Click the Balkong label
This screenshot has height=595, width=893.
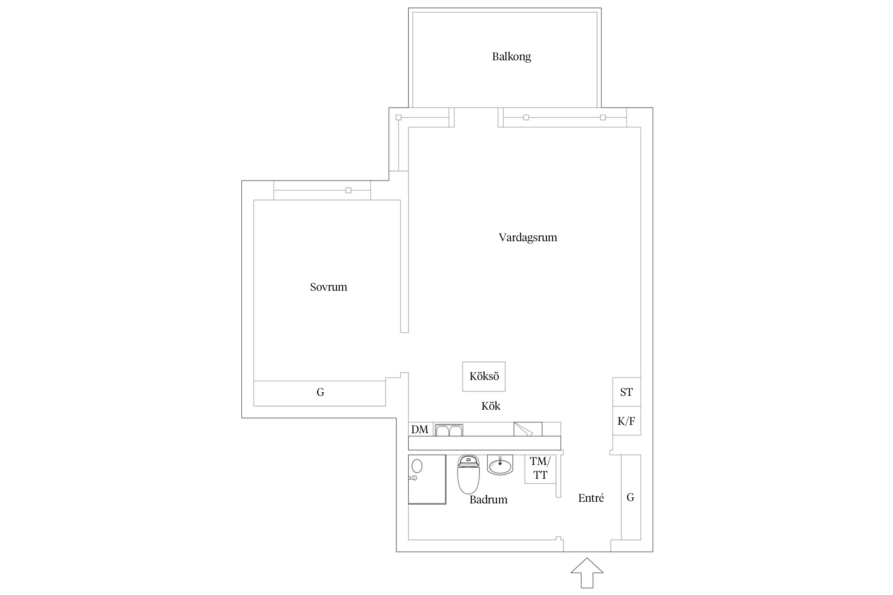pos(511,57)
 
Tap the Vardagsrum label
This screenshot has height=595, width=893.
pos(528,238)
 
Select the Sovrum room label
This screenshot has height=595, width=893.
pos(329,287)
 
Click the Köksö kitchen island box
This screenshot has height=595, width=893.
pos(484,376)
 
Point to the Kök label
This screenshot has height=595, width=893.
pos(491,406)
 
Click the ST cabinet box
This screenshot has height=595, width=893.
pos(627,392)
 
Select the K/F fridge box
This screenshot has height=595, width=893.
pos(627,420)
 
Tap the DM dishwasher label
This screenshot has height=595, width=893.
pos(420,430)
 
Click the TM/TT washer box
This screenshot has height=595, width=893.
pos(540,469)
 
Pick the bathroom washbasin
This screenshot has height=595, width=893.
pos(500,464)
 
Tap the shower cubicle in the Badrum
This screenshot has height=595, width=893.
pos(427,479)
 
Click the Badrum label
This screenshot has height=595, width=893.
pos(489,499)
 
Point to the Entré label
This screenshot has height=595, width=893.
pos(591,498)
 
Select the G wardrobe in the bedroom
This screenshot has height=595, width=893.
pos(319,393)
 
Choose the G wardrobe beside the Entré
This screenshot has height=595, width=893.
pos(631,497)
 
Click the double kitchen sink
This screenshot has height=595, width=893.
pos(449,430)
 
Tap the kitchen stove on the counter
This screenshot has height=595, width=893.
pos(528,429)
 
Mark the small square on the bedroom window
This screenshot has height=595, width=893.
pos(348,190)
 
